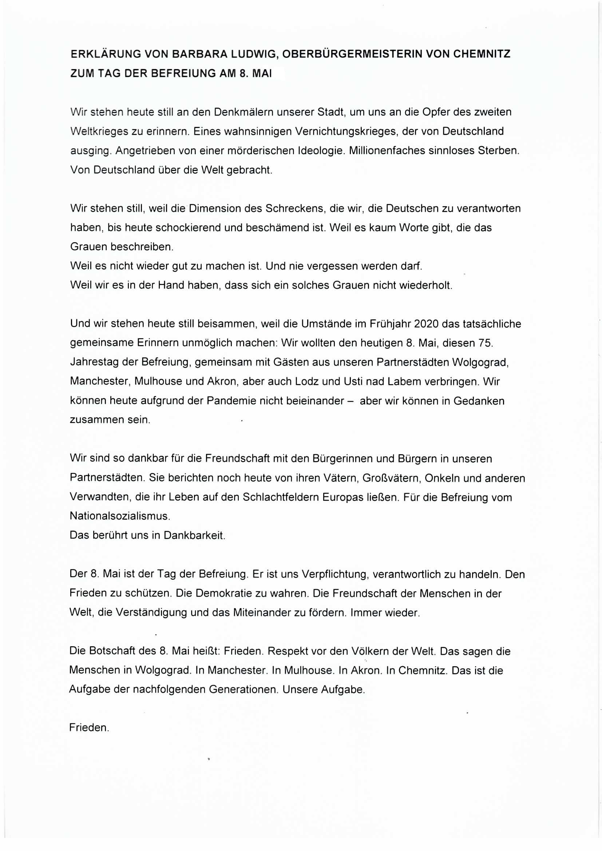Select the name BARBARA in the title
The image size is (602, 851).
[x=198, y=54]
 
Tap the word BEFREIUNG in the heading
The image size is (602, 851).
[x=182, y=73]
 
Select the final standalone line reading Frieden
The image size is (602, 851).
[x=89, y=728]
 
